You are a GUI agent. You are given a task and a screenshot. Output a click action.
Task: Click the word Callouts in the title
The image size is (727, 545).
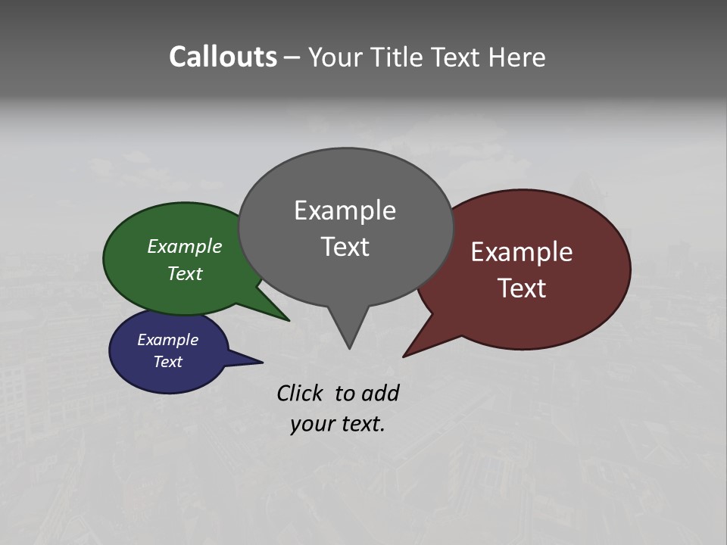223,58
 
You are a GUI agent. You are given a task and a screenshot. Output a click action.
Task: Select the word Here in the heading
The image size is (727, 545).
518,58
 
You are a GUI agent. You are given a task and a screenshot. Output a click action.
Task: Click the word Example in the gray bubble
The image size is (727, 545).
345,210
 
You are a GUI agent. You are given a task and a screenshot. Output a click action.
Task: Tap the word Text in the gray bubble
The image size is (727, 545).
345,247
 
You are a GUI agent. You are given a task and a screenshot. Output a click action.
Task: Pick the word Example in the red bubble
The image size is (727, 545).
522,252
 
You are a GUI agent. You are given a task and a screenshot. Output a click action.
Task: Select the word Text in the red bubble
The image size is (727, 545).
522,288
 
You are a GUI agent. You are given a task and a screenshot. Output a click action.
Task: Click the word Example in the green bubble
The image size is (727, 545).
185,247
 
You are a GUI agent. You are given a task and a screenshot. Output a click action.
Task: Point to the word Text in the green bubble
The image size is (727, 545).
185,274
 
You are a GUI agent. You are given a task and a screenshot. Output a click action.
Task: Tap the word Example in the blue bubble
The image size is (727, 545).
167,340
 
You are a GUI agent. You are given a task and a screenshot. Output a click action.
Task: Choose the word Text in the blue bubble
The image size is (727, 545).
167,362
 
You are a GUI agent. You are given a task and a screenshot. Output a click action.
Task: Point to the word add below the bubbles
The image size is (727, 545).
380,394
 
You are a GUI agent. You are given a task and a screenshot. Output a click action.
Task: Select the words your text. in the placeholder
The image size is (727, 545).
338,424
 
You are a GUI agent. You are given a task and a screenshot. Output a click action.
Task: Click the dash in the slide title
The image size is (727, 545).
293,58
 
